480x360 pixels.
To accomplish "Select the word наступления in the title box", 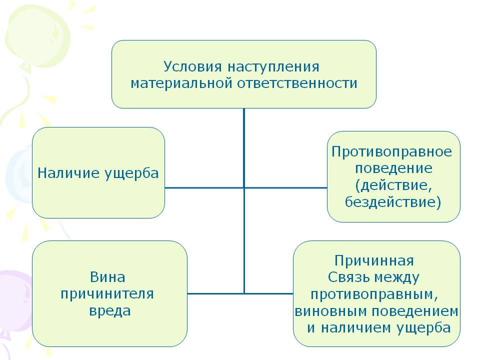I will point(273,66).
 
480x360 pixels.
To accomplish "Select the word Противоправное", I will point(391,151).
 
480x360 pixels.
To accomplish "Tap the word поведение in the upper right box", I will point(393,168).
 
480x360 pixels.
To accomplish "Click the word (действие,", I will point(393,185).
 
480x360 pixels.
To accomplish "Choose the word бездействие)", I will point(393,202).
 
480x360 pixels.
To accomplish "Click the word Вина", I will point(107,277).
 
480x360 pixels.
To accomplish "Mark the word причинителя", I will point(107,293).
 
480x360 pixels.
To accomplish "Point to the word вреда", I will point(110,310).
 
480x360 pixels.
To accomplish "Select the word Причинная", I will point(374,261).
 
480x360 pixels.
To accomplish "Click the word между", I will point(396,277).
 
